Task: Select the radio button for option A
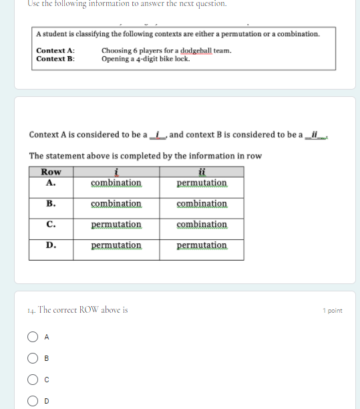click(x=31, y=337)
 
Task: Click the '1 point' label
click(x=332, y=311)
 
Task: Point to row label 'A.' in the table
click(x=51, y=182)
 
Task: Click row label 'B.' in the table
click(x=51, y=203)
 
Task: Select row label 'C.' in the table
click(x=51, y=224)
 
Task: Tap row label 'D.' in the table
click(x=51, y=245)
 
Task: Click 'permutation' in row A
click(x=202, y=183)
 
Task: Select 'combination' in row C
click(x=202, y=225)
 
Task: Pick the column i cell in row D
click(x=116, y=245)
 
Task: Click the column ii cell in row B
click(x=202, y=204)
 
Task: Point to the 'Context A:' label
click(x=55, y=51)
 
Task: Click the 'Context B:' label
click(x=55, y=59)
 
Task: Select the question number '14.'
click(x=32, y=310)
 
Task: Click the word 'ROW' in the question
click(x=89, y=310)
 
